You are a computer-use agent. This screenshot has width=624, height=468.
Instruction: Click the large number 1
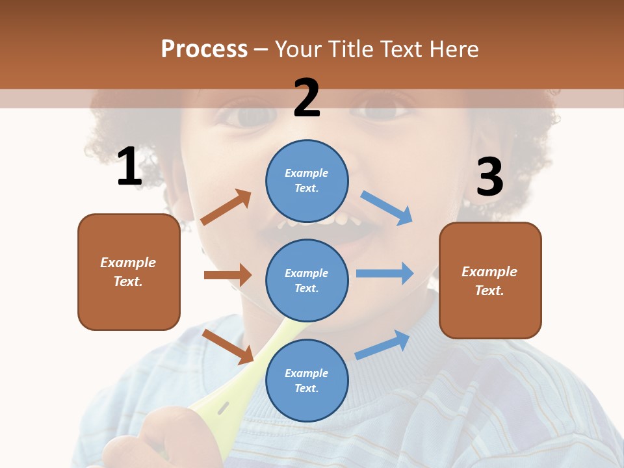pyautogui.click(x=129, y=167)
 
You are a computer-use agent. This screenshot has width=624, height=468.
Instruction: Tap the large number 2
pyautogui.click(x=307, y=98)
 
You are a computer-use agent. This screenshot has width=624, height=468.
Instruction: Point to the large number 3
pyautogui.click(x=489, y=177)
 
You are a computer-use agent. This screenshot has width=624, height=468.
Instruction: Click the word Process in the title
pyautogui.click(x=204, y=49)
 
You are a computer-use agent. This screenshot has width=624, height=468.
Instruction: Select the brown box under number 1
pyautogui.click(x=129, y=272)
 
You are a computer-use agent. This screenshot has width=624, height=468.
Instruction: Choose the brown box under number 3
pyautogui.click(x=490, y=280)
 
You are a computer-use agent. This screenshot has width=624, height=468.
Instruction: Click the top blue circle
pyautogui.click(x=307, y=181)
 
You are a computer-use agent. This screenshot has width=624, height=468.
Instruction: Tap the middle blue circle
pyautogui.click(x=307, y=280)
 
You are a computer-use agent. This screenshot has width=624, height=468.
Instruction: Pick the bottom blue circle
pyautogui.click(x=307, y=380)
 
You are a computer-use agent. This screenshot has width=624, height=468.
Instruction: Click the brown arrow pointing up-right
pyautogui.click(x=226, y=207)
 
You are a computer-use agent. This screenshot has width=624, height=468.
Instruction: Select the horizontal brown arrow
pyautogui.click(x=227, y=275)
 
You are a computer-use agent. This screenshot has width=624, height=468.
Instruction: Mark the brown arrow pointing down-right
pyautogui.click(x=228, y=346)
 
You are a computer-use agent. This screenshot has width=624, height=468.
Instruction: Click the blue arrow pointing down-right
pyautogui.click(x=387, y=207)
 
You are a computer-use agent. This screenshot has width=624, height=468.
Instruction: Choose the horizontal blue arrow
pyautogui.click(x=385, y=273)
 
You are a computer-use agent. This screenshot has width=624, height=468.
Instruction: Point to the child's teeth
pyautogui.click(x=318, y=222)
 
